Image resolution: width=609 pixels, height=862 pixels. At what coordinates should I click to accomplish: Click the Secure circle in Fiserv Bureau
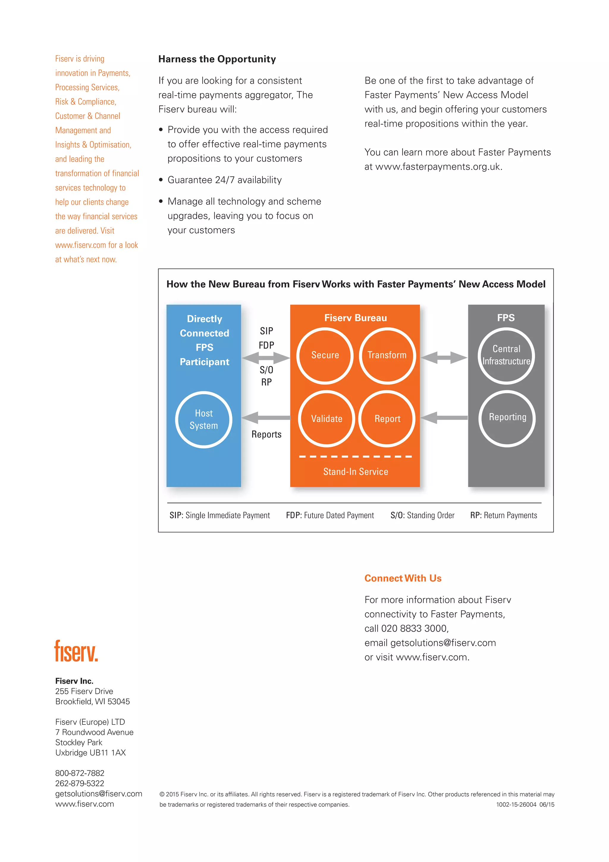(x=325, y=356)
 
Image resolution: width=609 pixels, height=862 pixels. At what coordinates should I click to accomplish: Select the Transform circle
(x=387, y=356)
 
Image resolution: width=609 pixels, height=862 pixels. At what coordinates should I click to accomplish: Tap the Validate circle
(x=327, y=419)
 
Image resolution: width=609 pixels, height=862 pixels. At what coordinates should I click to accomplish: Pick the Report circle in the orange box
(x=387, y=419)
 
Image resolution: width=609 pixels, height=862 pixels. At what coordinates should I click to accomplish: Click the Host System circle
(x=204, y=419)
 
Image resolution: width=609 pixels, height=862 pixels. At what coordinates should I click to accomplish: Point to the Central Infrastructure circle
(x=506, y=356)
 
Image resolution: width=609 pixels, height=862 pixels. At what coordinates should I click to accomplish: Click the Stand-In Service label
(x=356, y=472)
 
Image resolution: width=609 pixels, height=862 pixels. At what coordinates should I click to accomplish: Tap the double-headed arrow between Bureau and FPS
(x=444, y=357)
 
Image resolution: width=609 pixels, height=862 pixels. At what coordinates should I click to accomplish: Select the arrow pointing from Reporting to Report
(x=444, y=417)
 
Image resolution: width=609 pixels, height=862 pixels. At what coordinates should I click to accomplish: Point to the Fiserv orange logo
(x=76, y=651)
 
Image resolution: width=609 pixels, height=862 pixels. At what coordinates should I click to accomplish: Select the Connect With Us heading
(x=403, y=578)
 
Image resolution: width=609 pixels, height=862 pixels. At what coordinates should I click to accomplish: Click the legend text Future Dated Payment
(x=339, y=515)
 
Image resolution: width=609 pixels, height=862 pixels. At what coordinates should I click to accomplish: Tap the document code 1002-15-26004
(x=516, y=805)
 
